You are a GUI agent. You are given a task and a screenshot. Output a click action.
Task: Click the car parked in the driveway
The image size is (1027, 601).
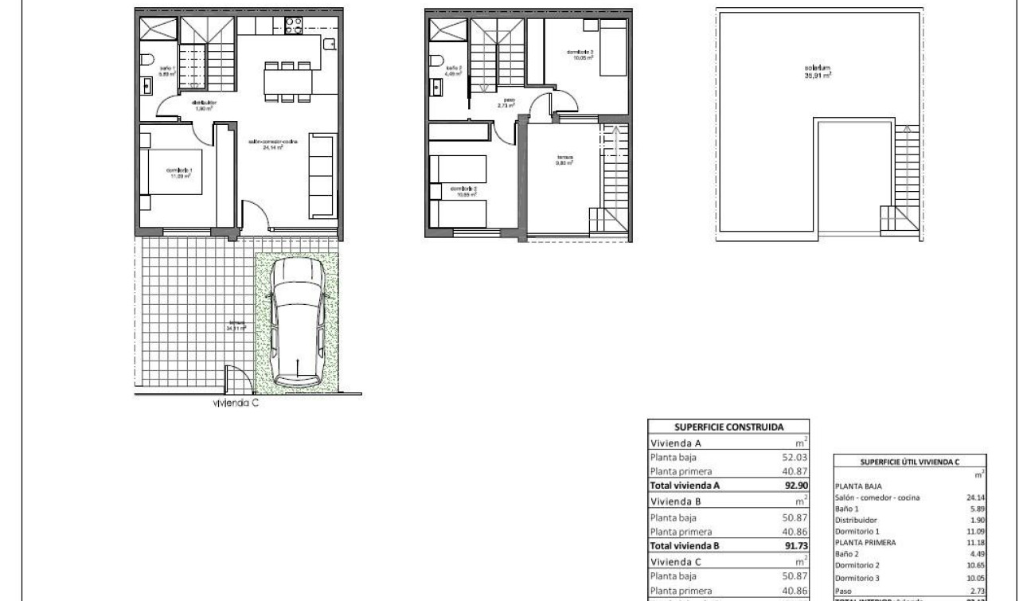click(295, 324)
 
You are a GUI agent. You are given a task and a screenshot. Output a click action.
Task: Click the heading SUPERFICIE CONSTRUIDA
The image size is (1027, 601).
click(728, 427)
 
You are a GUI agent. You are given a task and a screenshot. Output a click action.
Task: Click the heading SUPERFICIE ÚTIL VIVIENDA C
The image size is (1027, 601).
click(910, 462)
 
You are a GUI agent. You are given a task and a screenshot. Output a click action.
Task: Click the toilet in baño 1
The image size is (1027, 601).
click(146, 58)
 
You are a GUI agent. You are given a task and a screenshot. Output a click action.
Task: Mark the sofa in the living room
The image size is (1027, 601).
click(322, 177)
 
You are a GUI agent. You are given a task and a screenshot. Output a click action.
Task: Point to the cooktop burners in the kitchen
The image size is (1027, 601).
click(291, 27)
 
